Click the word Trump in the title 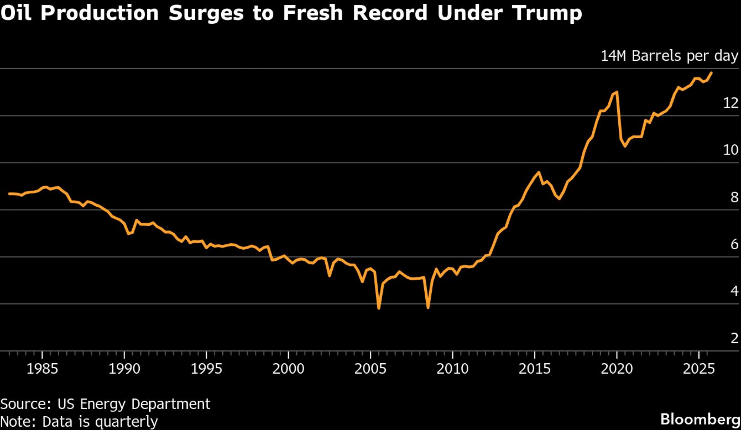547,13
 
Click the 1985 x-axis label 42,369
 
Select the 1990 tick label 124,369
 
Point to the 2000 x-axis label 289,369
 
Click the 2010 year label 453,369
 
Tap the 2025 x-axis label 699,369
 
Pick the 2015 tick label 535,369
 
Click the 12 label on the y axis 731,103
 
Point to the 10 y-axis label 731,150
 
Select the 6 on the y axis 734,244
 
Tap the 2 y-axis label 734,338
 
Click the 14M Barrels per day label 669,56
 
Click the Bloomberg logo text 700,419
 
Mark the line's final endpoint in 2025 711,73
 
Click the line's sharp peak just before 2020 617,92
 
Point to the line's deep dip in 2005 379,308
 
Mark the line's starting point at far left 9,194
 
